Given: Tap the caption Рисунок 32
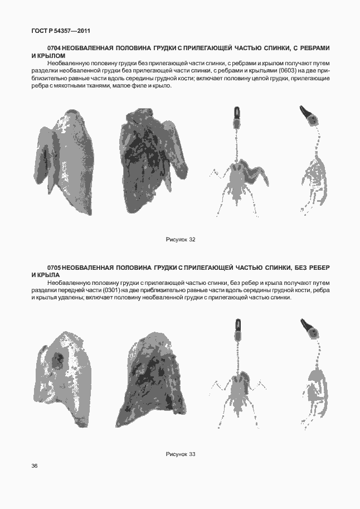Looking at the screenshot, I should [181, 239].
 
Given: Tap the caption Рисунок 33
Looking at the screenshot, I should [181, 454].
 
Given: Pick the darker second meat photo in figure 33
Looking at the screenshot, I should [150, 379].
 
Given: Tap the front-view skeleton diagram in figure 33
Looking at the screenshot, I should [239, 379].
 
